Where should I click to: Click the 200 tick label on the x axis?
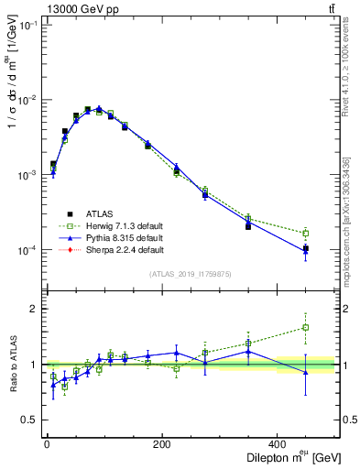click(162, 444)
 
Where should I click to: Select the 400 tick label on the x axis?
click(278, 444)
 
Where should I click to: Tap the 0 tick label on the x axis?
click(47, 444)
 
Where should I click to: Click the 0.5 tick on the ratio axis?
click(30, 421)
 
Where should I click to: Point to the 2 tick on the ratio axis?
click(34, 309)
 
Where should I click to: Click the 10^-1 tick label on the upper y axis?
click(27, 26)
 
